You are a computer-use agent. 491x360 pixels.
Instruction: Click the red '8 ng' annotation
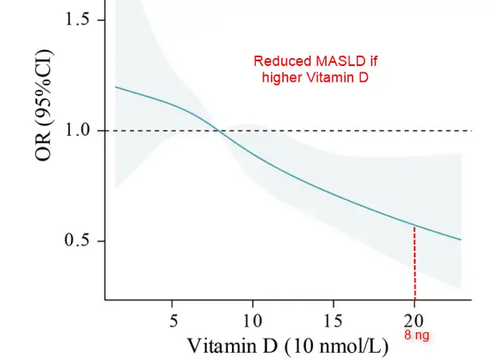pyautogui.click(x=416, y=335)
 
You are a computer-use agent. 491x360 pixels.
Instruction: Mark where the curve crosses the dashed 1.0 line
pyautogui.click(x=220, y=130)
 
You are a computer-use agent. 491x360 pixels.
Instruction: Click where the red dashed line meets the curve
pyautogui.click(x=414, y=226)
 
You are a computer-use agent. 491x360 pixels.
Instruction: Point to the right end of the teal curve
pyautogui.click(x=461, y=240)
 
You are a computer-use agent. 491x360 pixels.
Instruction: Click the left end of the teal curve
pyautogui.click(x=116, y=87)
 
